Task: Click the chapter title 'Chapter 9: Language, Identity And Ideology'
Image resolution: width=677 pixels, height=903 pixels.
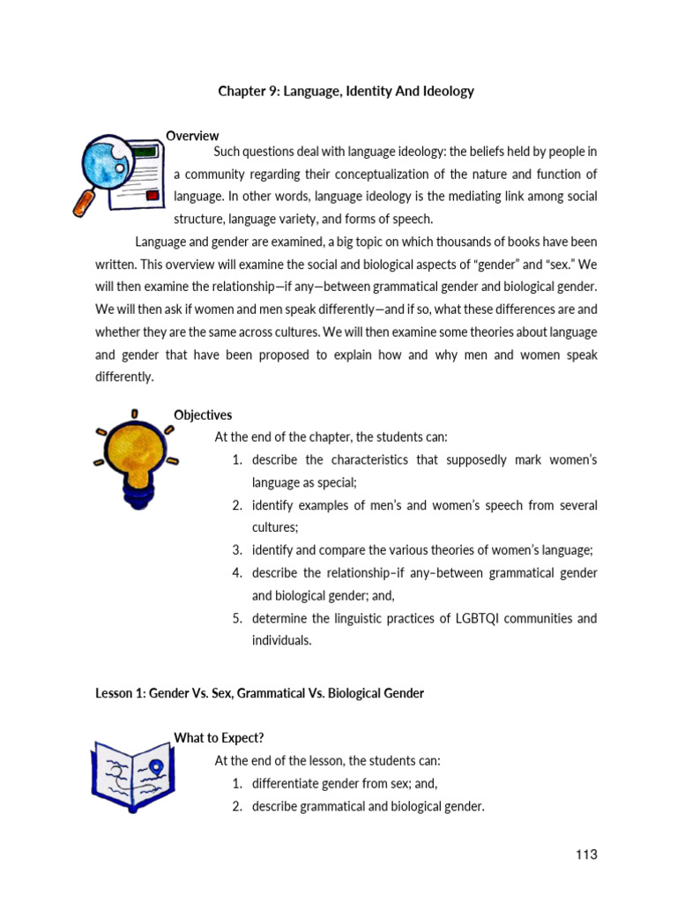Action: click(345, 91)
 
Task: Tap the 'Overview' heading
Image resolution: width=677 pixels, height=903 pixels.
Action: click(192, 135)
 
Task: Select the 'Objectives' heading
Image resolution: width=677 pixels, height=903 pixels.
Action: click(203, 414)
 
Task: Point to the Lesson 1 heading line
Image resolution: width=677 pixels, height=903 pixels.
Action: click(259, 693)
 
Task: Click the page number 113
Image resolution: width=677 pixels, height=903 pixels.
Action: click(586, 854)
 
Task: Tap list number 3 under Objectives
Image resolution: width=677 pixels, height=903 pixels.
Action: click(237, 549)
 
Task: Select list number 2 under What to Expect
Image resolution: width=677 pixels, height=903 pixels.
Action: click(237, 806)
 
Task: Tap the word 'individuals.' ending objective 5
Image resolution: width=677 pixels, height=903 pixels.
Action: click(281, 641)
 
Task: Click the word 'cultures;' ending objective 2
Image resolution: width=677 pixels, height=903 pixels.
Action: click(275, 527)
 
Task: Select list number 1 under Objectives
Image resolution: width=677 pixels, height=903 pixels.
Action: click(237, 460)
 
